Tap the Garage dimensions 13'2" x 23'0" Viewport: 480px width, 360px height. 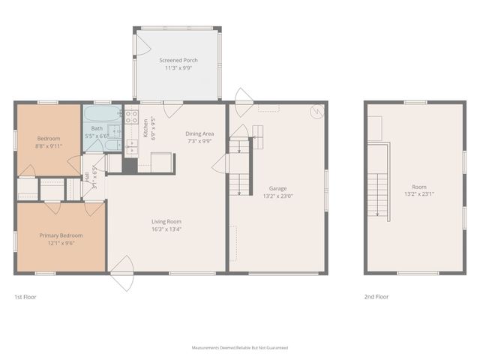coord(277,196)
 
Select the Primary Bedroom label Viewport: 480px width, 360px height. coord(61,235)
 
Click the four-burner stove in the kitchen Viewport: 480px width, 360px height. coord(132,116)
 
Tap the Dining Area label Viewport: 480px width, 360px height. coord(199,133)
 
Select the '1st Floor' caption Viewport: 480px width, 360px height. coord(25,297)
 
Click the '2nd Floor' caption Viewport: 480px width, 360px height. coord(376,297)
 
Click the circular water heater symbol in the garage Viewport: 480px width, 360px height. coord(317,112)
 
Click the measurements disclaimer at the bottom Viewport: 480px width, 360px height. coord(239,348)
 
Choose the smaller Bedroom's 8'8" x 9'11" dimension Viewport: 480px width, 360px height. coord(49,146)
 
